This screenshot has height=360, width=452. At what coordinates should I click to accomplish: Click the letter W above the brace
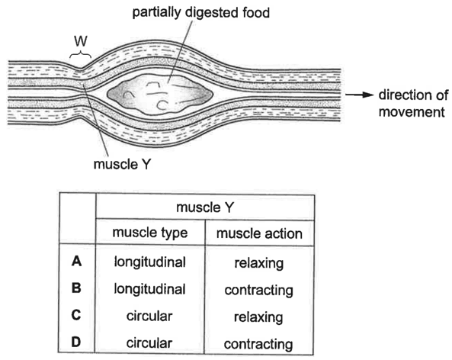click(81, 41)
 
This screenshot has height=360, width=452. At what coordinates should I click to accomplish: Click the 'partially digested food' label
click(201, 13)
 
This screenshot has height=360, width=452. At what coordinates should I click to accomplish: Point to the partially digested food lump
click(160, 94)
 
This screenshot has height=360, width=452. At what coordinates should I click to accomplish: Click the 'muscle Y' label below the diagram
click(122, 165)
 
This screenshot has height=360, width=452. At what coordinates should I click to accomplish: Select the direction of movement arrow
click(360, 95)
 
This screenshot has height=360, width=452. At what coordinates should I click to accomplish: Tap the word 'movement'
click(412, 112)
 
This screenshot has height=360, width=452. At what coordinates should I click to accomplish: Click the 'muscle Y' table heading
click(205, 207)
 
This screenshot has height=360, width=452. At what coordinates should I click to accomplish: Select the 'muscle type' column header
click(150, 233)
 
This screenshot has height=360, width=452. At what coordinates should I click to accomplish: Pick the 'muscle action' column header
click(259, 233)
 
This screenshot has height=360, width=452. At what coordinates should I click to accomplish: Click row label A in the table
click(76, 262)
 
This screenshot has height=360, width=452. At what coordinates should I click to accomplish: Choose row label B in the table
click(76, 288)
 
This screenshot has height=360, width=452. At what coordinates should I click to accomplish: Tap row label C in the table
click(76, 315)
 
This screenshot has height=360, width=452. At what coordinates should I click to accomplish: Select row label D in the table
click(76, 342)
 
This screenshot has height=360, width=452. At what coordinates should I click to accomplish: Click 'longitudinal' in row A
click(149, 263)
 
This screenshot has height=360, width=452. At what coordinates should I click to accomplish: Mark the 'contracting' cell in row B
click(259, 291)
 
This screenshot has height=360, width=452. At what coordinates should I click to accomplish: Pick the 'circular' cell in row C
click(149, 317)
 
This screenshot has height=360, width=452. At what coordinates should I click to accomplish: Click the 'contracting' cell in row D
click(258, 345)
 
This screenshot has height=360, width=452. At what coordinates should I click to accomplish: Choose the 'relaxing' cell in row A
click(259, 264)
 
